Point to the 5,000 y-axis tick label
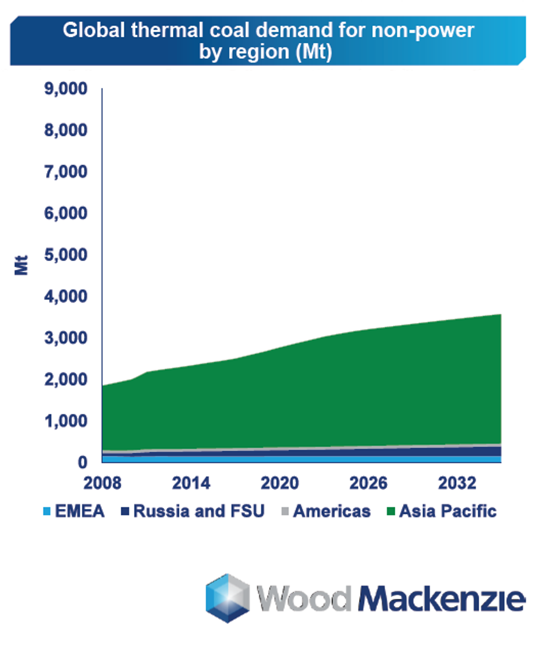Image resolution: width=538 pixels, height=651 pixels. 64,255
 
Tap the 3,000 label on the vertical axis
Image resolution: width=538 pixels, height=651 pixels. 64,338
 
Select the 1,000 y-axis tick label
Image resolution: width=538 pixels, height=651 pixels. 64,421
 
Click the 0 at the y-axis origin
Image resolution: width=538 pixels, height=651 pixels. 82,462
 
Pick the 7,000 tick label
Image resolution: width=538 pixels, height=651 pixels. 64,172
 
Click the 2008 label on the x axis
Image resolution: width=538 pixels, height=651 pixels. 103,484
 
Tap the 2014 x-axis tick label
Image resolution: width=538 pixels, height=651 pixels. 192,484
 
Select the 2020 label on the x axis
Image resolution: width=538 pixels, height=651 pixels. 281,484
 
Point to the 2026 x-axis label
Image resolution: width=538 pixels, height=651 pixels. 369,484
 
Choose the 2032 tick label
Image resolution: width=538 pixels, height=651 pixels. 458,484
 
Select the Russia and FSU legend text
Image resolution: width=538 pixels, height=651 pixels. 199,512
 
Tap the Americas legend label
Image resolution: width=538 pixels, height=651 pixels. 332,512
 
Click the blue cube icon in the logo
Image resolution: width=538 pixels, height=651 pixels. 227,598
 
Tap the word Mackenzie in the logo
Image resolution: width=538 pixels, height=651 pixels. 441,598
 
